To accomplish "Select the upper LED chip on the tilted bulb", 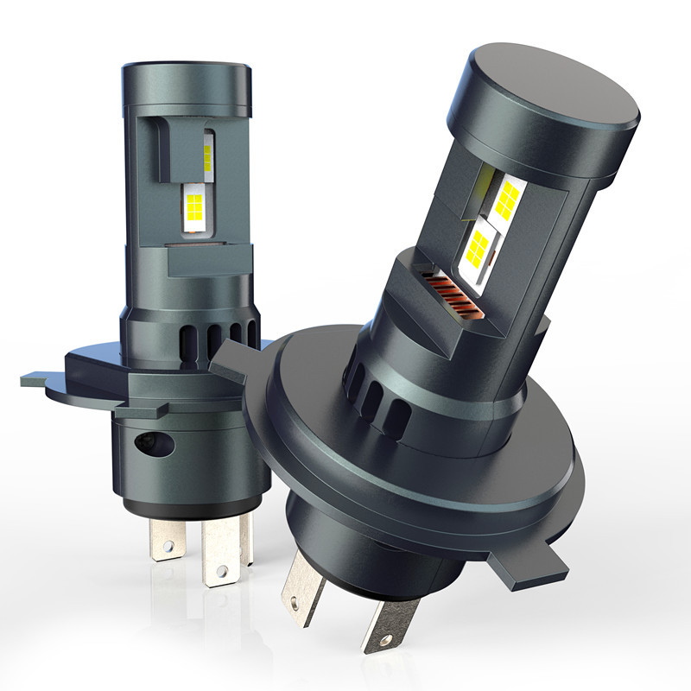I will [504, 198].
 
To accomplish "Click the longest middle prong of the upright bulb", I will [219, 557].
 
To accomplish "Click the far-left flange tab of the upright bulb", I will [39, 378].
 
